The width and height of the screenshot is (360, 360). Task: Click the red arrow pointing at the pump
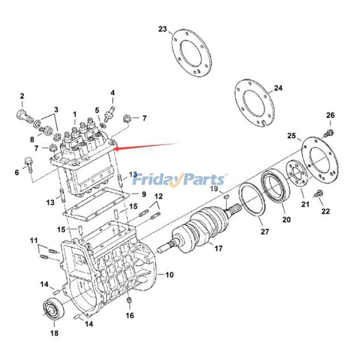coord(144,146)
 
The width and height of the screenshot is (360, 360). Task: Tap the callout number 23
coord(162,30)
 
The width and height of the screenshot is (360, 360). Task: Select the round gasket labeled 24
coord(254,103)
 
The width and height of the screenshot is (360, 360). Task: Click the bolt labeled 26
coord(329,132)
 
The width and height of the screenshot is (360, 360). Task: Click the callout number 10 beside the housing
coord(170,274)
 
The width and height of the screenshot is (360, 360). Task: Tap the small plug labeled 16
coord(129,301)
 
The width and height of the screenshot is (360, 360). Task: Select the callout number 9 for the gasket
coord(144,194)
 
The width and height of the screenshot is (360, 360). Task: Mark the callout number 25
coord(291,135)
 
